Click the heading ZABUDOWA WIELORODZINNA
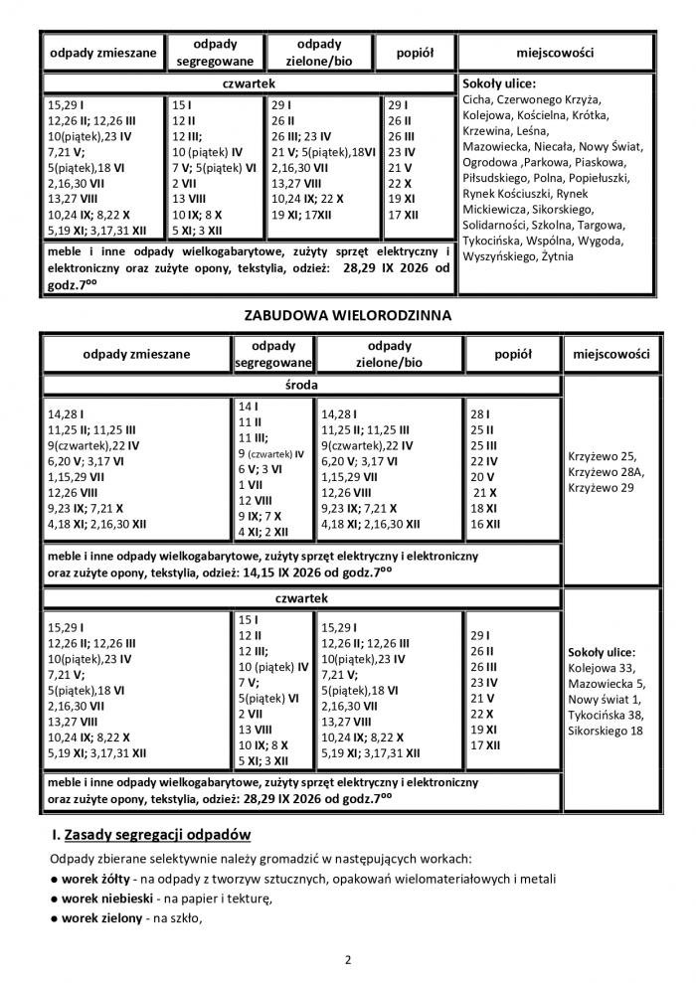[348, 315]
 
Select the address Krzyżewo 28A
[609, 473]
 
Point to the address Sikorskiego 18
[606, 732]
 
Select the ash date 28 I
[481, 412]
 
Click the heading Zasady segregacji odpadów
[159, 833]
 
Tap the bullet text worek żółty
[98, 879]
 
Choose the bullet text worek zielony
[101, 918]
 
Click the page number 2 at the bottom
[348, 960]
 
